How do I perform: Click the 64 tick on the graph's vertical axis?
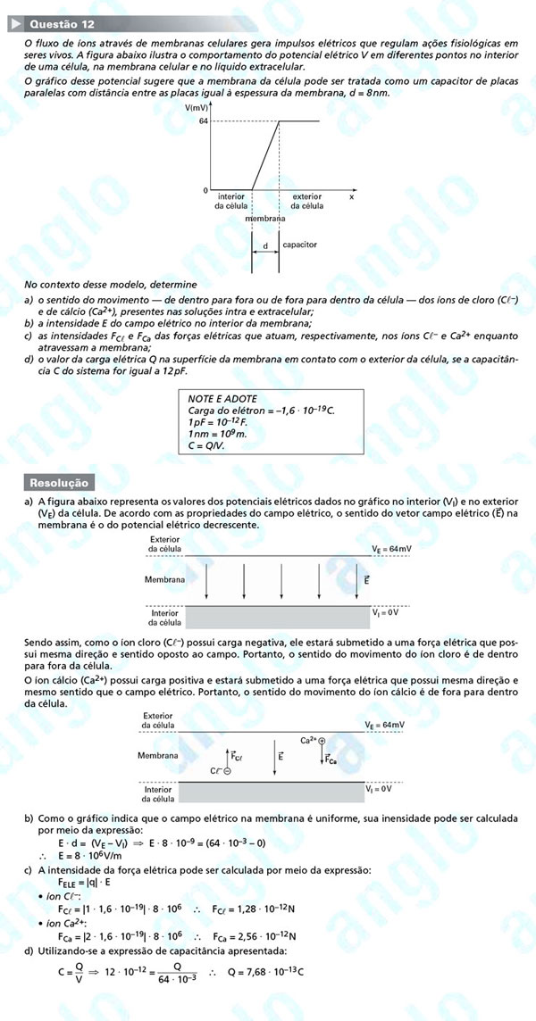(x=204, y=120)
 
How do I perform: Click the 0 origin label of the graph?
(x=205, y=191)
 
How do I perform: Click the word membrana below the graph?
(x=265, y=218)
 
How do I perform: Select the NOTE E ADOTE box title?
(x=222, y=398)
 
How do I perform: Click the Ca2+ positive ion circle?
(x=322, y=741)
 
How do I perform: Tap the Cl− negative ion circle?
(x=228, y=770)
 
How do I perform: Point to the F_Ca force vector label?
(x=331, y=760)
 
